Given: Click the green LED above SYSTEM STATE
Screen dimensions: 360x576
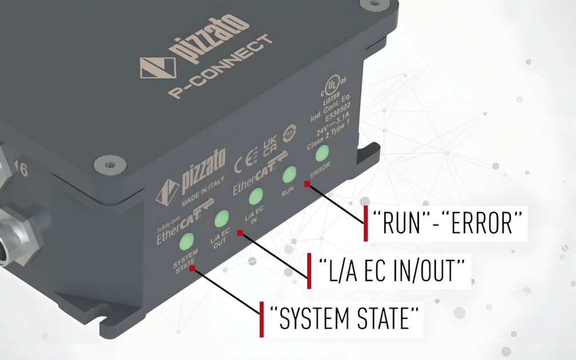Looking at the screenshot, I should point(187,241).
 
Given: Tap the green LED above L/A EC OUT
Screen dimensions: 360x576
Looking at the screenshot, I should point(221,219).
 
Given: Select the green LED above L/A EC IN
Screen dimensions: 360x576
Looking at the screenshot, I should point(256,196).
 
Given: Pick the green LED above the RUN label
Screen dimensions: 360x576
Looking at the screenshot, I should point(289,175).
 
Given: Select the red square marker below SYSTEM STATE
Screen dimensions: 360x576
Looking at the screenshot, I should point(192,268).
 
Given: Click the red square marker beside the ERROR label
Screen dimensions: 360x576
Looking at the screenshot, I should point(307,184).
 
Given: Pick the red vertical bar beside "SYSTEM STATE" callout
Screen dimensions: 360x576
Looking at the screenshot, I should point(262,318).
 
